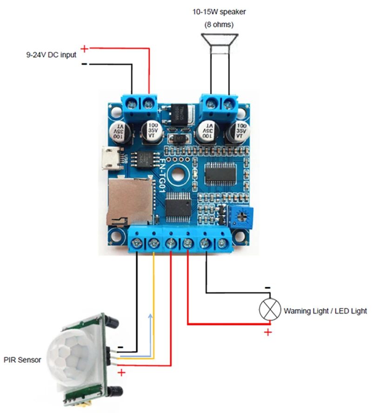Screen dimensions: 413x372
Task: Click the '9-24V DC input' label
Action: tap(51, 54)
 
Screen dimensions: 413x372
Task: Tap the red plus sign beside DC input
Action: tap(84, 48)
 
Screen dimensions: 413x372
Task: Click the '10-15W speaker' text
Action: tap(219, 12)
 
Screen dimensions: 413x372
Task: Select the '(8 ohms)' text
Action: tap(219, 24)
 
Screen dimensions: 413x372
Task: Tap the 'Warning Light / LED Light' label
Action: tap(325, 311)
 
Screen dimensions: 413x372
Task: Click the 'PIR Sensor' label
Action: tap(22, 360)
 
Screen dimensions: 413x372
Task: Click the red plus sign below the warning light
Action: tap(268, 332)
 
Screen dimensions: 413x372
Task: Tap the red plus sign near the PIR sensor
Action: tap(121, 372)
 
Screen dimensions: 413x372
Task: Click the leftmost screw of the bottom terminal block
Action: tap(138, 242)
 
